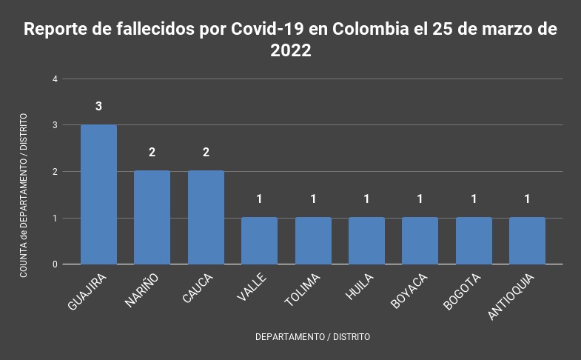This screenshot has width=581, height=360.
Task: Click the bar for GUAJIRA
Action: click(98, 194)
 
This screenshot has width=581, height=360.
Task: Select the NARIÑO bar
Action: click(152, 217)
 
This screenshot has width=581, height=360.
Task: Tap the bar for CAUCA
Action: click(206, 217)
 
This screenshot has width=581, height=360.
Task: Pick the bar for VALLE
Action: click(259, 241)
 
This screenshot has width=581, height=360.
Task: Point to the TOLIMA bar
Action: click(313, 241)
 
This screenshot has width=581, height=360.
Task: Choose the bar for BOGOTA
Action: click(474, 241)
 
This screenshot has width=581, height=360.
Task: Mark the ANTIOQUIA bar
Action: click(527, 241)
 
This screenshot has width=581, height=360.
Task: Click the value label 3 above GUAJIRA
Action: click(98, 106)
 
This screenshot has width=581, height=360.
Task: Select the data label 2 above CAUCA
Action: click(206, 153)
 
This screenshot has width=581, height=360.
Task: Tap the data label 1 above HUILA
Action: click(366, 199)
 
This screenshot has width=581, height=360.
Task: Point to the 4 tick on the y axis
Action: click(55, 79)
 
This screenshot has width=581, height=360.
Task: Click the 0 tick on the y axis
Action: click(55, 264)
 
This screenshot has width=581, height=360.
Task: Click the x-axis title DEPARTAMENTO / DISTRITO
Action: click(312, 336)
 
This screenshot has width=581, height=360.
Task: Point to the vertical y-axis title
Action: click(24, 196)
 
